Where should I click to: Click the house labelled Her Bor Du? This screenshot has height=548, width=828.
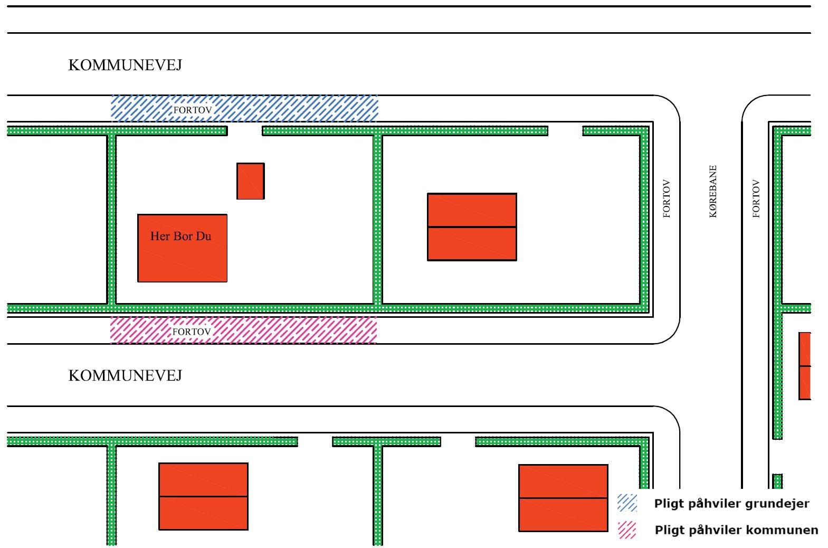tap(182, 248)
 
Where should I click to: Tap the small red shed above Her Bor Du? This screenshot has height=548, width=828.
tap(250, 181)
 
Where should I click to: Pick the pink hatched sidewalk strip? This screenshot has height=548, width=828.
tap(285, 330)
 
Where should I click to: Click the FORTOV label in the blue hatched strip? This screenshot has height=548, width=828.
tap(193, 110)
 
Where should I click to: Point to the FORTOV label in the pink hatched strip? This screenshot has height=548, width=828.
tap(192, 332)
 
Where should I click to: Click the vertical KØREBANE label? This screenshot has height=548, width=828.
tap(713, 192)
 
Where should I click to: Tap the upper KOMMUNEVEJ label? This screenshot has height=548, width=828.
tap(125, 65)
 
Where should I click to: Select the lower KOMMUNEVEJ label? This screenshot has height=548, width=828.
tap(125, 376)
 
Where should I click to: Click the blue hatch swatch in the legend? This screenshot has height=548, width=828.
tap(627, 503)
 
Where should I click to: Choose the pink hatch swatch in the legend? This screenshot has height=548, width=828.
tap(627, 530)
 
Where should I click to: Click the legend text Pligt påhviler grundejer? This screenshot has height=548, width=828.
tap(731, 504)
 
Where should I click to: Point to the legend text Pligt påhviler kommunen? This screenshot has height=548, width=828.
tap(736, 530)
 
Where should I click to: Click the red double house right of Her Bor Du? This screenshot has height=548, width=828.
tap(472, 227)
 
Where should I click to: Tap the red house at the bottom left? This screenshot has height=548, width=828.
tap(203, 496)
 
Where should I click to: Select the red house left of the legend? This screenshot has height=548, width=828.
tap(563, 498)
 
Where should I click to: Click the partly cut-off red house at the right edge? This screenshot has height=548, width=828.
tap(804, 366)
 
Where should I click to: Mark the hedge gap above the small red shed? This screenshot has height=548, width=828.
tap(245, 130)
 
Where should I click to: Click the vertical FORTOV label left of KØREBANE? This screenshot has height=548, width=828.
tap(667, 199)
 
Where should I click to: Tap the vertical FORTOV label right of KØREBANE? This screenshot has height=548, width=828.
tap(756, 199)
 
